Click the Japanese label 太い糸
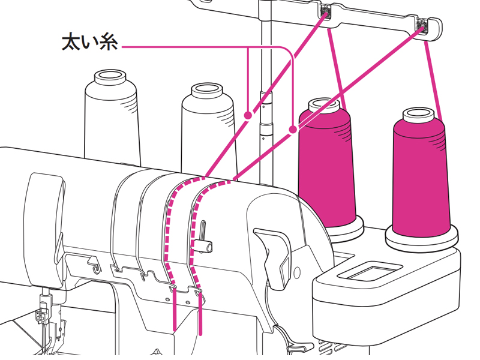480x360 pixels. click(x=90, y=44)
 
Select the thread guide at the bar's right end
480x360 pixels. click(x=422, y=25)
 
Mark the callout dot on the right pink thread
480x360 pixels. click(x=292, y=129)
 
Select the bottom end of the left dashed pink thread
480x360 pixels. click(x=175, y=329)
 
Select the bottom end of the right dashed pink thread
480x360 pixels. click(x=200, y=332)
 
